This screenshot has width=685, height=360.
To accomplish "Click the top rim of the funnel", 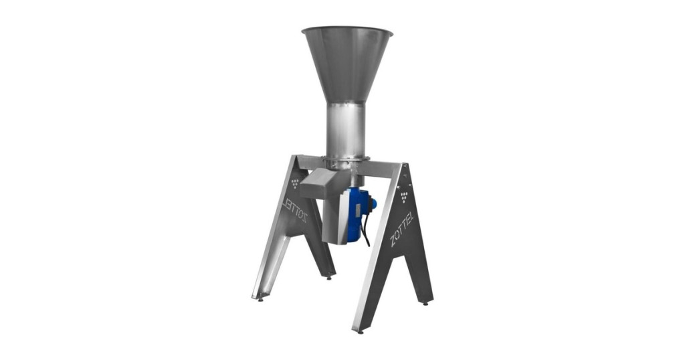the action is [x=347, y=29].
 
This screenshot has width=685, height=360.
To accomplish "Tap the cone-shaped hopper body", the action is [x=347, y=66].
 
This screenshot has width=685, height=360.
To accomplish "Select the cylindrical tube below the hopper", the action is [x=347, y=130].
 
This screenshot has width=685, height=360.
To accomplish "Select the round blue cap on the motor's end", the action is [x=373, y=203].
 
